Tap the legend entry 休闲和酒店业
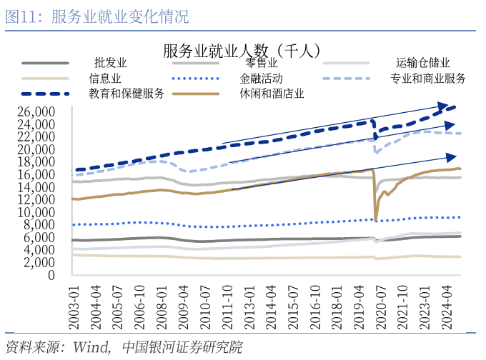coord(272,93)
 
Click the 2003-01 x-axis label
coord(74,304)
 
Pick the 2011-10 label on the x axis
coord(228,304)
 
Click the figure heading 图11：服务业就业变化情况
coord(97,17)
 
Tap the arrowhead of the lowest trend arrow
coord(454,156)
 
